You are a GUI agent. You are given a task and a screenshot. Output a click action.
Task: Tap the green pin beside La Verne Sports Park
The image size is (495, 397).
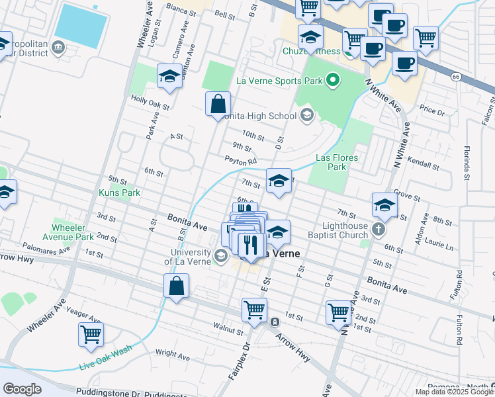point(333,81)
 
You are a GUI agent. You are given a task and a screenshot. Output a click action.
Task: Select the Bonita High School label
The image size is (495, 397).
point(259,116)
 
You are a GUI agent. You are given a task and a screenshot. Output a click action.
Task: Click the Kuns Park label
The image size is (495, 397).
point(119,193)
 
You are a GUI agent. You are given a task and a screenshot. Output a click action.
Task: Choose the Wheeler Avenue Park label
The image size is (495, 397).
point(73,232)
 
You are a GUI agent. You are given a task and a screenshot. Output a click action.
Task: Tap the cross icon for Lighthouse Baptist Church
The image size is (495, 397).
point(378,230)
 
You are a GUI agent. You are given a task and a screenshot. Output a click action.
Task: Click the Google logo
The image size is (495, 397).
point(22,388)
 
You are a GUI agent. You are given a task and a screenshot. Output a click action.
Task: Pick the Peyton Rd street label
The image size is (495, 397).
point(240,161)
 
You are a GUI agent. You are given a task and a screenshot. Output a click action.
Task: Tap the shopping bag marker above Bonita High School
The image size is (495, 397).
point(218,104)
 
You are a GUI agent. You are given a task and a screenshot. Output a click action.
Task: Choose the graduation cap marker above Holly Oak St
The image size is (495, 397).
point(169,76)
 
